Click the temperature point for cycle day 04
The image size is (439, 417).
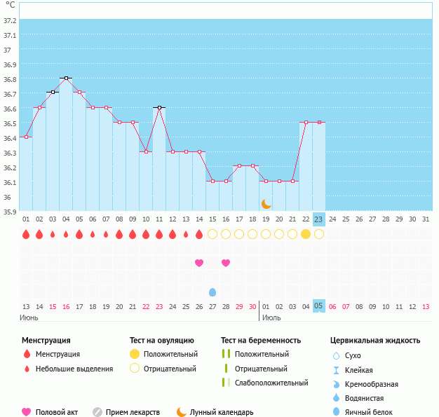coord(66,78)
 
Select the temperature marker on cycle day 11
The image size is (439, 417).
coord(160,107)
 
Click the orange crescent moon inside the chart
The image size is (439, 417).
coord(266,204)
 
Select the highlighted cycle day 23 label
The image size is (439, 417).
coord(319,219)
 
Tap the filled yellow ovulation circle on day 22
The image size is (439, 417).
coord(306,234)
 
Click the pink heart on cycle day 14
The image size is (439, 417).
coord(199,263)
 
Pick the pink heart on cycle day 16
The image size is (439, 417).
coord(226,263)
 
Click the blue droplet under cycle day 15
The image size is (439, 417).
coord(212,292)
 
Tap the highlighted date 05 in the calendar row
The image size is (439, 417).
coord(319,306)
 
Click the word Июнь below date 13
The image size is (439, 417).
coord(29,317)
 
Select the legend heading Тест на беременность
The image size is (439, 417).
coord(261,341)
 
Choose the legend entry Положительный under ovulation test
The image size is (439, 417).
coord(170,354)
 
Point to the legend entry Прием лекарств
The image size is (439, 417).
coord(133,412)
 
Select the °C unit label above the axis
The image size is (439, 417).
coord(11,5)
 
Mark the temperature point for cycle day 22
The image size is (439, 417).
coord(306,122)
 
